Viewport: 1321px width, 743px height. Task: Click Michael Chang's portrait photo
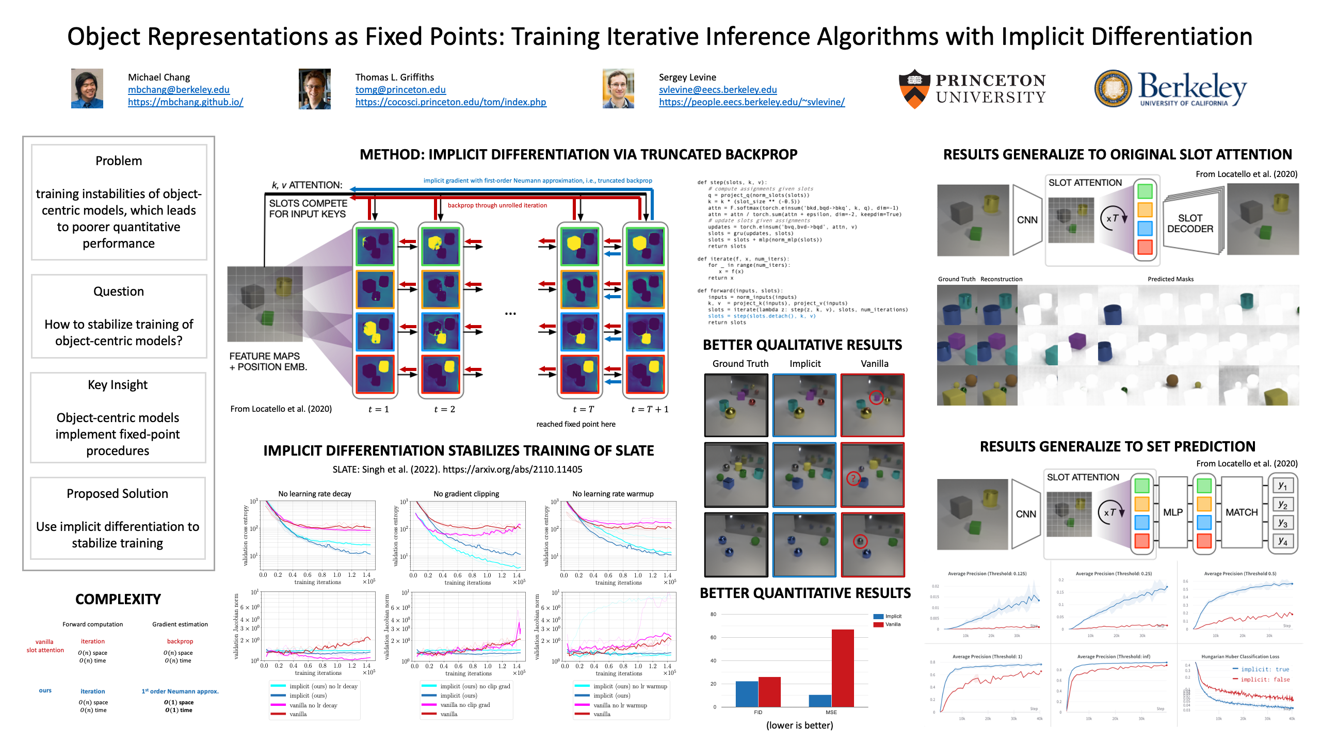tap(87, 88)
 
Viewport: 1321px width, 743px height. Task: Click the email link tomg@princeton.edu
tap(400, 90)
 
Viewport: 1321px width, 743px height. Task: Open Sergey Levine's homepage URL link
tap(751, 102)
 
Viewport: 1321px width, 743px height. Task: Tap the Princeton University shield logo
tap(914, 89)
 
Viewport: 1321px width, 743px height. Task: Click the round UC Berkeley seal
tap(1113, 89)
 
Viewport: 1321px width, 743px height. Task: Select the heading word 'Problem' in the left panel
tap(119, 161)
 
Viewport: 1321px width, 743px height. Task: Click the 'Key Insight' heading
tap(118, 385)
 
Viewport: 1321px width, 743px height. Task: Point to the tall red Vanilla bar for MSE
tap(842, 668)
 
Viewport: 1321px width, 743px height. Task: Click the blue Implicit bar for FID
tap(747, 694)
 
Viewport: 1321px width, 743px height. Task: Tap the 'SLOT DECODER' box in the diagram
tap(1190, 223)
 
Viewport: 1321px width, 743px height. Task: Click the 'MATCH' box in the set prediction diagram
tap(1242, 512)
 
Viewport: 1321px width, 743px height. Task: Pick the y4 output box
tap(1282, 542)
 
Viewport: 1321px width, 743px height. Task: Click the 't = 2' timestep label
tap(444, 409)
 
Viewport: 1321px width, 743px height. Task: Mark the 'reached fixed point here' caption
tap(576, 424)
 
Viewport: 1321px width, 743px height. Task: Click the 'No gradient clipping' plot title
tap(466, 494)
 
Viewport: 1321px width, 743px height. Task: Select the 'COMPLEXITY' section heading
tap(118, 599)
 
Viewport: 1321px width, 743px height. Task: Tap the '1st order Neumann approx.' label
tap(180, 691)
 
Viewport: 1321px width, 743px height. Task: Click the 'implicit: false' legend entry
tap(1265, 680)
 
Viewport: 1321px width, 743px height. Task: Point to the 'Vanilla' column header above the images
tap(874, 364)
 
